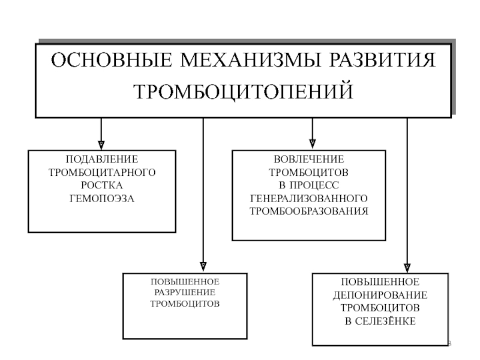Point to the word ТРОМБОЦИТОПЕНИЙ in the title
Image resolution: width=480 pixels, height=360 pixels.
click(242, 92)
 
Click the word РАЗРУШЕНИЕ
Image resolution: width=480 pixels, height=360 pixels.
click(185, 292)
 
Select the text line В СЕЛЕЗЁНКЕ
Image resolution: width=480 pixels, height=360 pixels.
click(380, 321)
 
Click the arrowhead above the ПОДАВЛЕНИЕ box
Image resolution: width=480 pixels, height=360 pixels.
click(101, 144)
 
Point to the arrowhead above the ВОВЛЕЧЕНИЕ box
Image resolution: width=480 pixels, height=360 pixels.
click(312, 143)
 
